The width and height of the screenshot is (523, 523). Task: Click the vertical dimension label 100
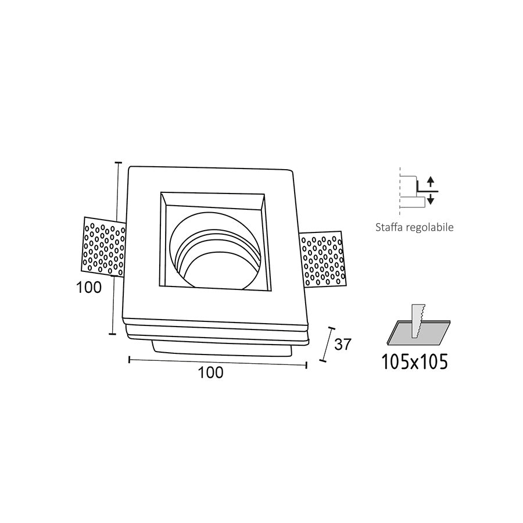pyautogui.click(x=89, y=286)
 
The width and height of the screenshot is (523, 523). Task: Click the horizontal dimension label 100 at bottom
pyautogui.click(x=210, y=373)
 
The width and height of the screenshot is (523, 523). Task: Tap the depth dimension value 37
pyautogui.click(x=343, y=344)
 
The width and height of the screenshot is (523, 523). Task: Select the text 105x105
pyautogui.click(x=415, y=362)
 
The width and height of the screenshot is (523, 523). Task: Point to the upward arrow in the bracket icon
pyautogui.click(x=431, y=181)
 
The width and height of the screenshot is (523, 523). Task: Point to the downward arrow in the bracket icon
pyautogui.click(x=431, y=200)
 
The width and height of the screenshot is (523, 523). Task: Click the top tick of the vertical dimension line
pyautogui.click(x=119, y=163)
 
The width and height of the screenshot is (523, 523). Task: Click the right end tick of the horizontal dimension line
pyautogui.click(x=306, y=364)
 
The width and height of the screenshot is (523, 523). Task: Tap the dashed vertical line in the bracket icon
pyautogui.click(x=400, y=189)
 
